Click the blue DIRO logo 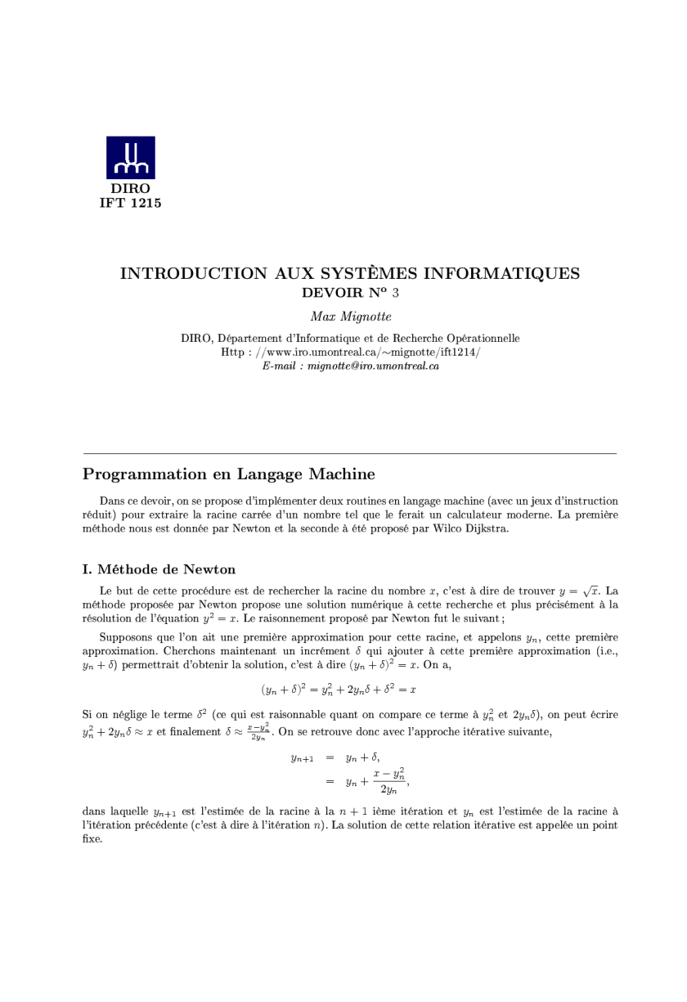[130, 157]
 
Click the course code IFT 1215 [130, 204]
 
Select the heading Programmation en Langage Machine [229, 474]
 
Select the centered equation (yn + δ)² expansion [339, 690]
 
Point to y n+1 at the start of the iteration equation [303, 758]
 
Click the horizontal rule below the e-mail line [350, 452]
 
